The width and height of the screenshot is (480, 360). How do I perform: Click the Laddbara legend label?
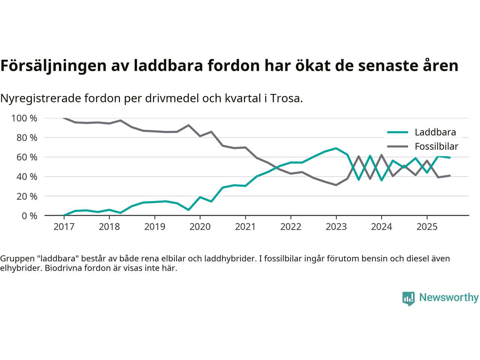[435, 132]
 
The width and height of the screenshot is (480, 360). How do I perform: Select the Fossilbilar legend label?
[436, 146]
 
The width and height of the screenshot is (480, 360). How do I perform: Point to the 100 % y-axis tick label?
[24, 118]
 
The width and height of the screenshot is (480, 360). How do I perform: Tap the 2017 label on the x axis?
[64, 227]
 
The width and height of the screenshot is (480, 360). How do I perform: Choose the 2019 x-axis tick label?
[154, 227]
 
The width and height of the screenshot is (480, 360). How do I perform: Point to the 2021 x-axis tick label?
[245, 227]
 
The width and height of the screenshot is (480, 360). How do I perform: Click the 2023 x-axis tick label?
[336, 227]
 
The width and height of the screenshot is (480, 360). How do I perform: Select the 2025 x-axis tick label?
[427, 227]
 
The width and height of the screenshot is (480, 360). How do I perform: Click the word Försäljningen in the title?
[53, 66]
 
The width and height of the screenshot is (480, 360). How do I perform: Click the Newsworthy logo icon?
[408, 298]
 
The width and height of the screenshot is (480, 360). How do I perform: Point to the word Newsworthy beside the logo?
[449, 297]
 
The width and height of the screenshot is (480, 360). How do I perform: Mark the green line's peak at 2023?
[336, 148]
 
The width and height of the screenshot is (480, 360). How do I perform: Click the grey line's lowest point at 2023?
[336, 185]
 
